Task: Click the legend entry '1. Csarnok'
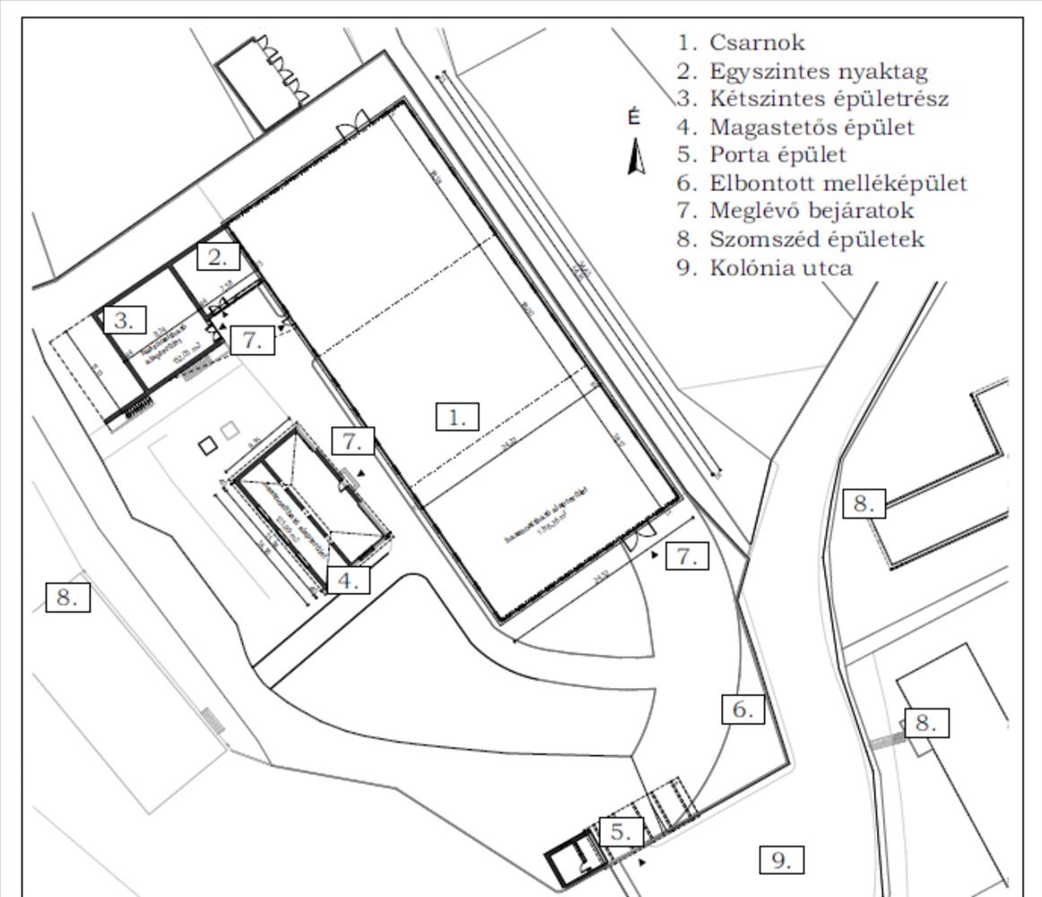pos(742,42)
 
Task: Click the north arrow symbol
pos(637,157)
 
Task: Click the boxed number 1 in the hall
pos(457,417)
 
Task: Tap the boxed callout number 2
pos(219,257)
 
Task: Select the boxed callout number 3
pos(125,320)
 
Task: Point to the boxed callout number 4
pos(348,580)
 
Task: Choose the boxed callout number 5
pos(621,832)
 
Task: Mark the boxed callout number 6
pos(743,710)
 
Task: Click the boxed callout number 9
pos(781,860)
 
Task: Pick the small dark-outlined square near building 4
pos(208,444)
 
